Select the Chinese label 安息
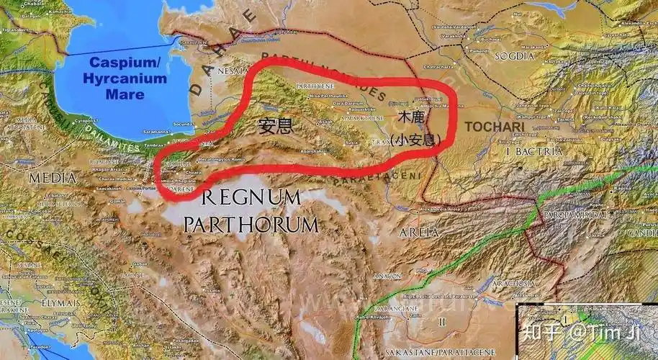276,127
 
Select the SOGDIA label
513,55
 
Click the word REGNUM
251,197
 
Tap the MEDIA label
51,177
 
